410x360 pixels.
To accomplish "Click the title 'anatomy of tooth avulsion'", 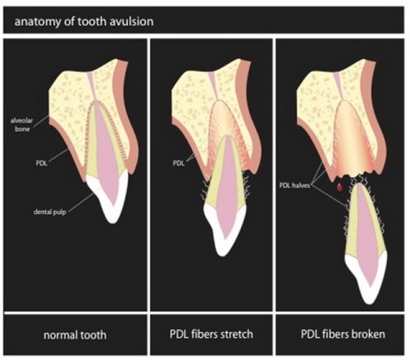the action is [x=84, y=21].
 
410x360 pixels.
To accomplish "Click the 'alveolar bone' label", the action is [x=22, y=125].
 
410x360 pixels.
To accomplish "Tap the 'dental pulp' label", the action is [x=50, y=212].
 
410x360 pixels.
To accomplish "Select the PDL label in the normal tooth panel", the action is [x=42, y=163].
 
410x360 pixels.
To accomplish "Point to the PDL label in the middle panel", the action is [x=179, y=163].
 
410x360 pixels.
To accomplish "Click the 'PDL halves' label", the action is [x=294, y=185].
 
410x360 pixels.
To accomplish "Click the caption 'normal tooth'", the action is [x=75, y=335].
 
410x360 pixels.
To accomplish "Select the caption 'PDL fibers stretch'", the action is [x=212, y=335].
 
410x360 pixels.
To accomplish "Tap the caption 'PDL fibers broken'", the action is [x=343, y=334].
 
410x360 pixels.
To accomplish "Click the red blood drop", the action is [x=339, y=187].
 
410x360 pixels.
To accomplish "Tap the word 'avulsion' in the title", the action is [x=132, y=21].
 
